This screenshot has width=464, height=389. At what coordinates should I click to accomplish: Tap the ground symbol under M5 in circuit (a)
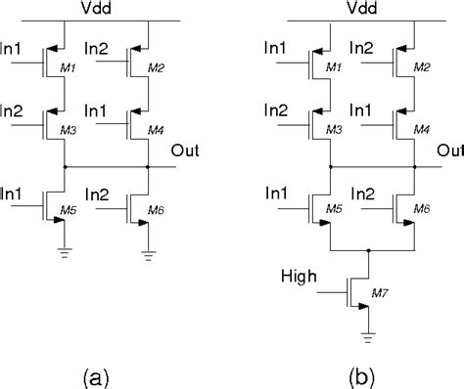[62, 257]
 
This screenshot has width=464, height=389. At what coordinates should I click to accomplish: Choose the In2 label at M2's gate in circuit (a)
[97, 48]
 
